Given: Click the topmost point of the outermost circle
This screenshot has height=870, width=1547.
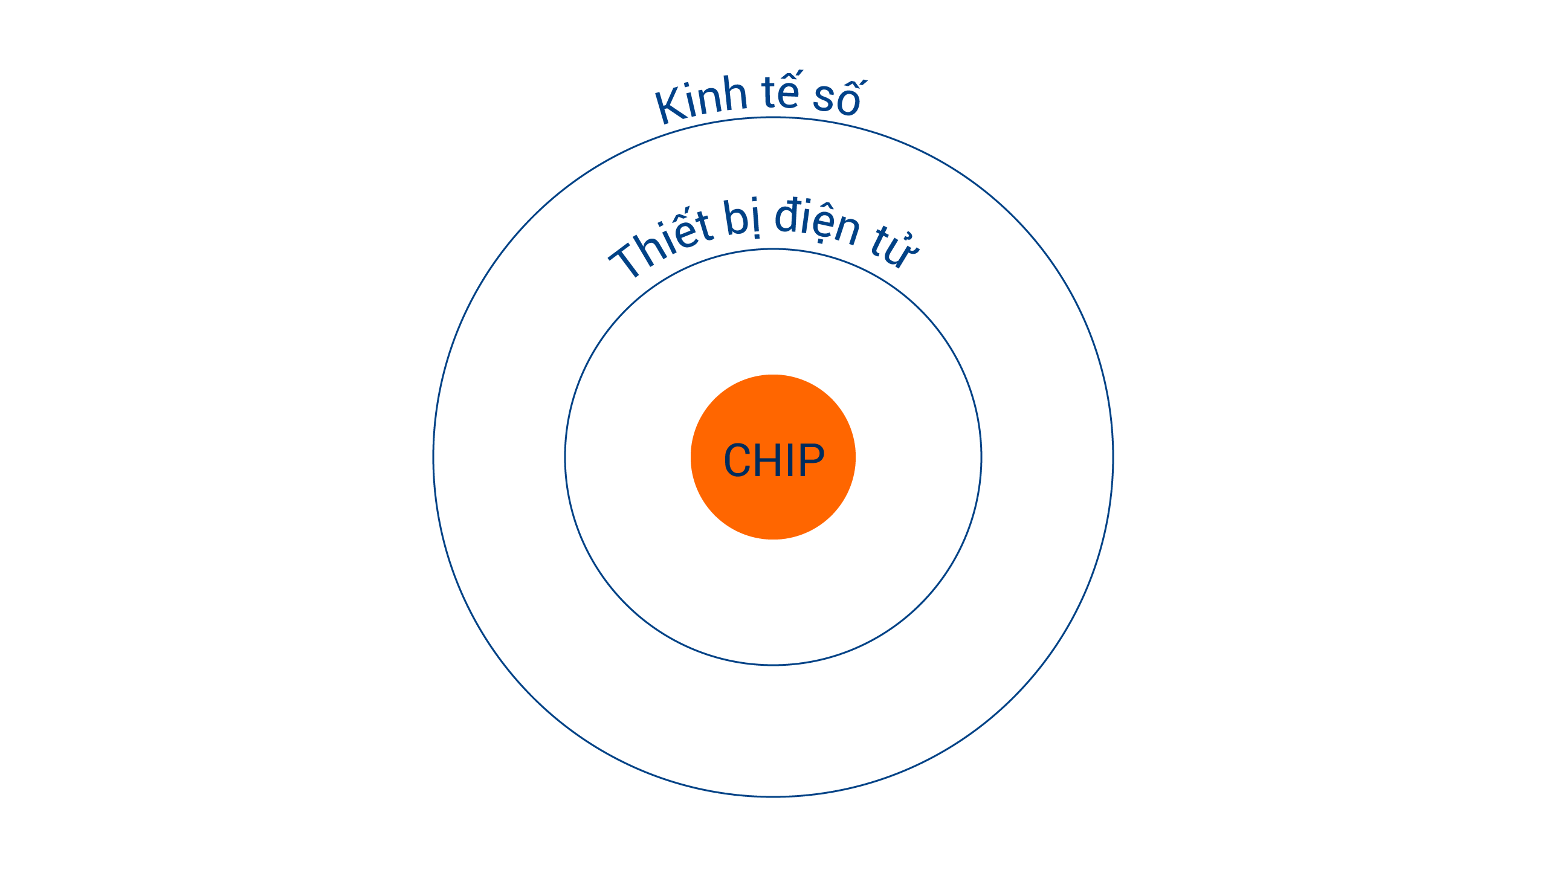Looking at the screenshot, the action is (773, 118).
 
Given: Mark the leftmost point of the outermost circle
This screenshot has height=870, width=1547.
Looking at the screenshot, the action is (433, 457).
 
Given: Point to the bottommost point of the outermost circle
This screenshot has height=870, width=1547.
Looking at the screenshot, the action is (773, 797).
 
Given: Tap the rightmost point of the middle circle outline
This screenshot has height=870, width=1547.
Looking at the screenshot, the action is (981, 457).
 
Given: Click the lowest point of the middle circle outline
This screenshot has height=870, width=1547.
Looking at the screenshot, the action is (773, 665).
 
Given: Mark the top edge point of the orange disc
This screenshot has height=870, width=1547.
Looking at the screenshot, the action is (773, 375).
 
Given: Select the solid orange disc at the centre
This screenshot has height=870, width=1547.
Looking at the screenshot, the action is (773, 457).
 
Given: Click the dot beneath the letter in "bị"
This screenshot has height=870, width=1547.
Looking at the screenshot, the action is (756, 236).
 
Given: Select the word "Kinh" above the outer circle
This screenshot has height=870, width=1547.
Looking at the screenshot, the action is (702, 100).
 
